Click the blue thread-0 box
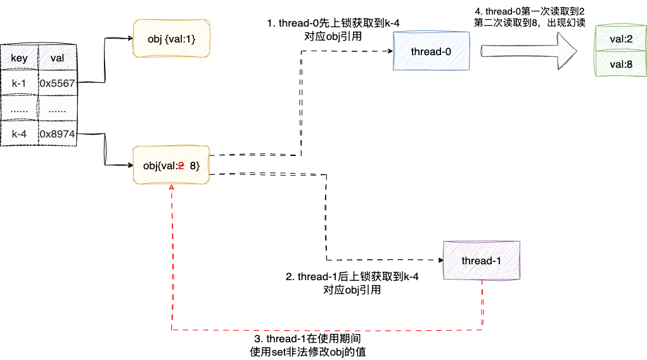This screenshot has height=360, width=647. (x=431, y=51)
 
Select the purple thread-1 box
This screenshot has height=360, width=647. (x=481, y=260)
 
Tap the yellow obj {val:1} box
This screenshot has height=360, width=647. (x=170, y=40)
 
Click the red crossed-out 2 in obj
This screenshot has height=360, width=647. (x=181, y=166)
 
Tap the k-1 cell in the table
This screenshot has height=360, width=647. (x=19, y=83)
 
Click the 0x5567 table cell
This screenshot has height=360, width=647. (x=57, y=83)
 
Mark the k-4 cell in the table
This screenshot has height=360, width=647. (x=19, y=134)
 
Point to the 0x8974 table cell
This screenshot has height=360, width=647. (x=57, y=134)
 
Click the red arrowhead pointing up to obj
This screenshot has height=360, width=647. (x=172, y=189)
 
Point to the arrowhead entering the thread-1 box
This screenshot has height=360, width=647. (x=439, y=260)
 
